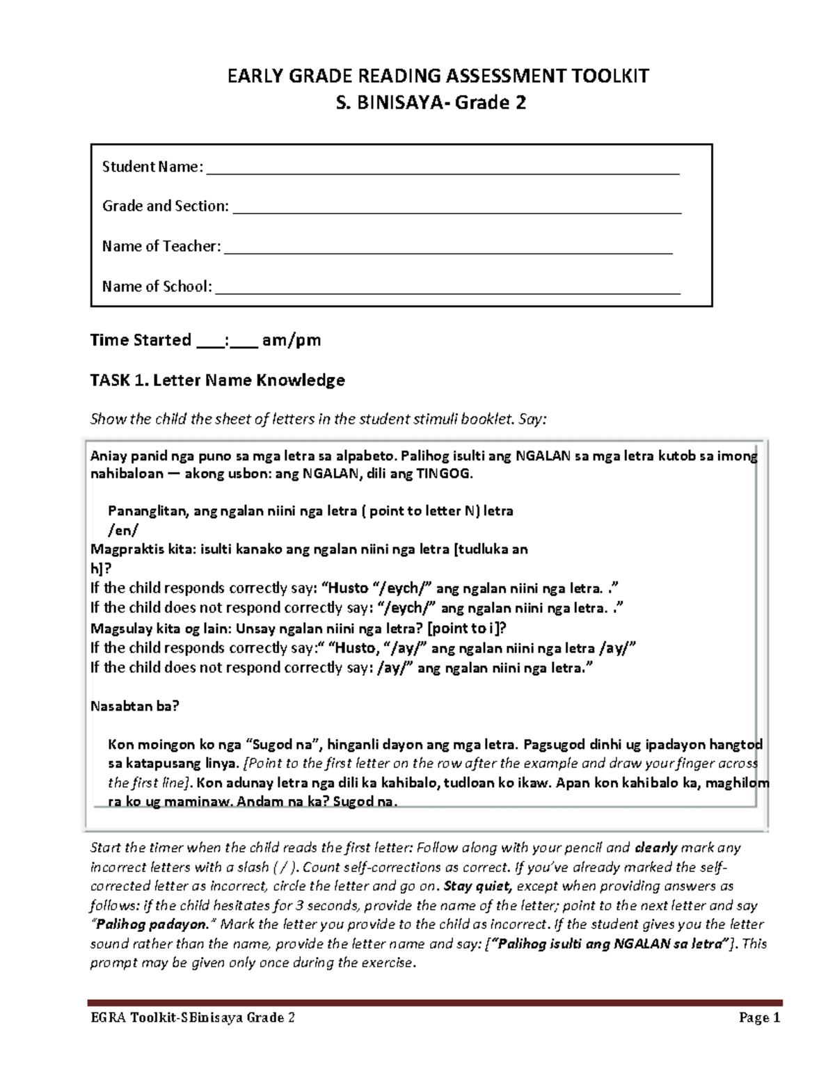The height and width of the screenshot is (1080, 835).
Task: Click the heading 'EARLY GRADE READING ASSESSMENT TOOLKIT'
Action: [x=439, y=75]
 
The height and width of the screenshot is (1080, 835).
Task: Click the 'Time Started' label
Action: [x=141, y=340]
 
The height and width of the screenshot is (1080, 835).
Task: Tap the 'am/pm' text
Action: [x=292, y=340]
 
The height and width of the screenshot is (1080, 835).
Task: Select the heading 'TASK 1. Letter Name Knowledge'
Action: [x=218, y=380]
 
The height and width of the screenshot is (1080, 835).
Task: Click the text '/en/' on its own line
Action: [x=126, y=530]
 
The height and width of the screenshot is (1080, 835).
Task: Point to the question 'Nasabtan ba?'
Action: [x=135, y=706]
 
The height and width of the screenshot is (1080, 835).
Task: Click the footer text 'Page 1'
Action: [x=759, y=1018]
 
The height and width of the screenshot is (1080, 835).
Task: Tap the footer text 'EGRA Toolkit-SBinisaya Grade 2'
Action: [x=193, y=1018]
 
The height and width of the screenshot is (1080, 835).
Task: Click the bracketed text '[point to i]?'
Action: [x=467, y=628]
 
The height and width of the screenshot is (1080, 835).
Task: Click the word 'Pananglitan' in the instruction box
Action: [x=146, y=511]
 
